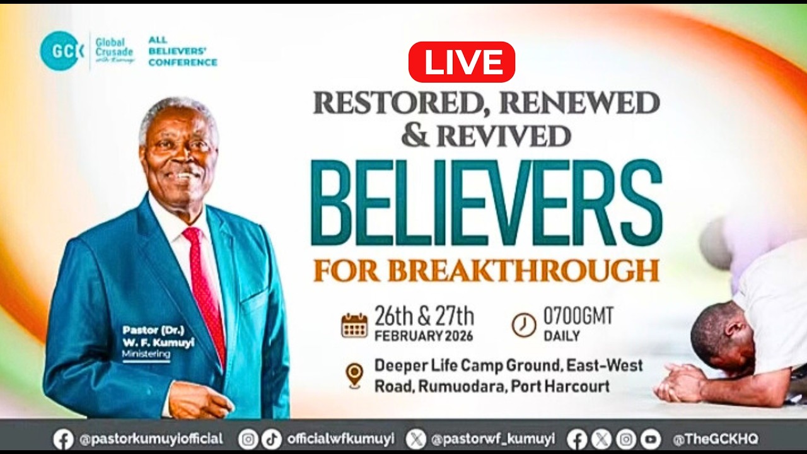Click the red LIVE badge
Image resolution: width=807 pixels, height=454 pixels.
click(x=462, y=62)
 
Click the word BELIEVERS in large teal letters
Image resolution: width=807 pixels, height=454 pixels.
click(x=486, y=203)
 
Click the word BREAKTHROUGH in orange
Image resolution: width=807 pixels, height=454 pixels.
click(x=523, y=270)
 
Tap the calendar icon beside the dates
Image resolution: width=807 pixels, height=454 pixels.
click(x=354, y=325)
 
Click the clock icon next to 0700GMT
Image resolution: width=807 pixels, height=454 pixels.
click(x=523, y=325)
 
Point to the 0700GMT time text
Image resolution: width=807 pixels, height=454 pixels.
click(x=578, y=316)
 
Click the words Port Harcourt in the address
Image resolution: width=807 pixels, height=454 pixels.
click(x=561, y=386)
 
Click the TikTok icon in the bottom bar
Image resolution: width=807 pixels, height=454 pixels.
click(x=272, y=439)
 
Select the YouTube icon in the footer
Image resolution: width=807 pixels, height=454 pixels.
click(x=650, y=439)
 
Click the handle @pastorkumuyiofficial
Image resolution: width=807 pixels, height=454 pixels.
click(x=151, y=439)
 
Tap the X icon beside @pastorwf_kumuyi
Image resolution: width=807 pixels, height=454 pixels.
click(x=416, y=439)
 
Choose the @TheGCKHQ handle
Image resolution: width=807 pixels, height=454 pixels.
click(x=716, y=439)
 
